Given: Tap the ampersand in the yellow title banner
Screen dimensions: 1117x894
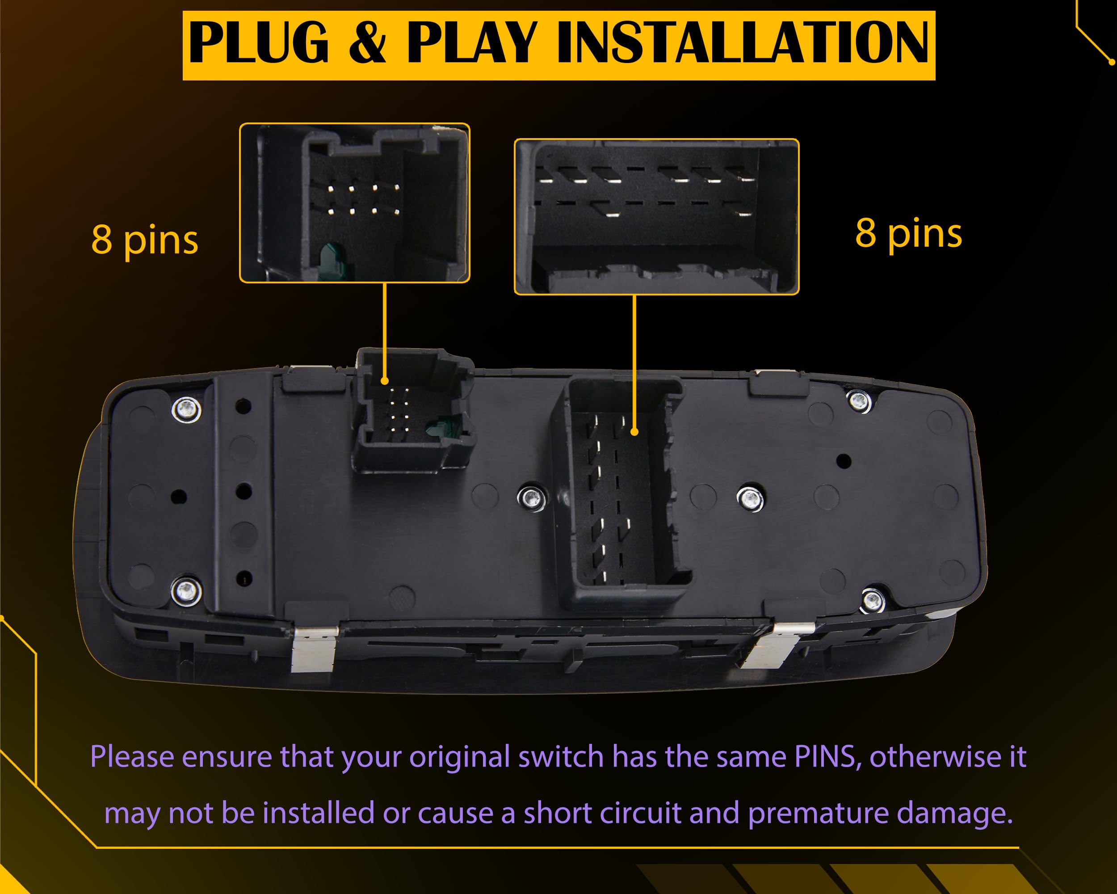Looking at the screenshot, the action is coord(367,42).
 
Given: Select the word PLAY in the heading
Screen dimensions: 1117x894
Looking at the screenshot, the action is coord(471,42).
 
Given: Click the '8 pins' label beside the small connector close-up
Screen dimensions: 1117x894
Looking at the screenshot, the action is coord(145,240).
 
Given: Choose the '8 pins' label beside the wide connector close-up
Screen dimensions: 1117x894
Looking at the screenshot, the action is coord(909,234).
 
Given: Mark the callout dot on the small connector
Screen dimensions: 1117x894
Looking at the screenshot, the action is coord(384,381).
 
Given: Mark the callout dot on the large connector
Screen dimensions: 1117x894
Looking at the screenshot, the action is coord(634,432).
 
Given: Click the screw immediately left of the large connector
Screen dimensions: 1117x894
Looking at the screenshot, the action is coord(531,498).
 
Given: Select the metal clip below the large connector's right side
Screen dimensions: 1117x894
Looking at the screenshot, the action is coord(773,645).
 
